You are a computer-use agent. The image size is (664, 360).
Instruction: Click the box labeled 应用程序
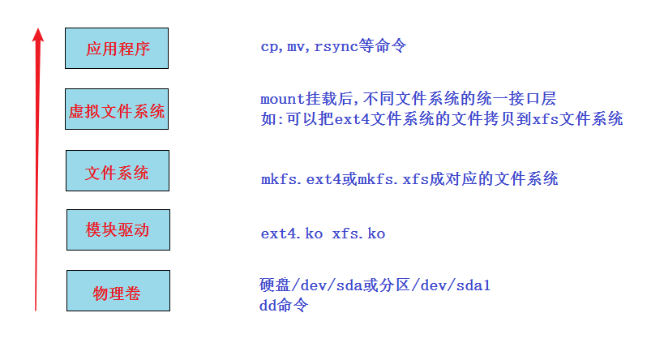click(x=118, y=49)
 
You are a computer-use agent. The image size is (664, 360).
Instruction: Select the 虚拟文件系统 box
click(x=117, y=109)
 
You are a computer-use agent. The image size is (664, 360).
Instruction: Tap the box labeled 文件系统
click(x=118, y=171)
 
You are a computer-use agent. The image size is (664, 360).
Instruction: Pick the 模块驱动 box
click(x=118, y=229)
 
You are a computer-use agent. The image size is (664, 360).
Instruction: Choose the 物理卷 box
click(x=118, y=291)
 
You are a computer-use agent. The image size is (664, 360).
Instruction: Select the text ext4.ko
click(x=292, y=234)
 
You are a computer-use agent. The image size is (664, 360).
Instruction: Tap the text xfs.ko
click(x=358, y=234)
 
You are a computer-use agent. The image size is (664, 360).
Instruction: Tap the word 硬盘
click(x=269, y=285)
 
